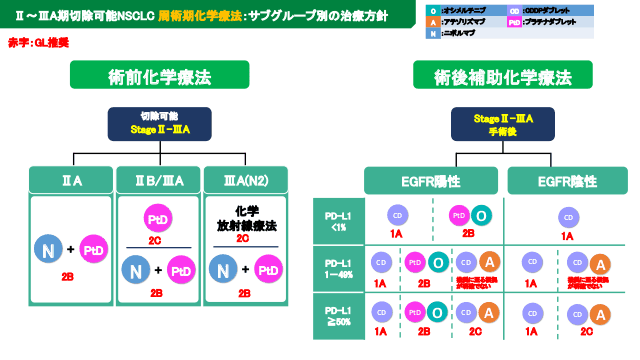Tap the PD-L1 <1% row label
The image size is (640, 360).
pos(339,219)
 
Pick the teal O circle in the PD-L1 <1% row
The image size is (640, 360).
pos(481,215)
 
